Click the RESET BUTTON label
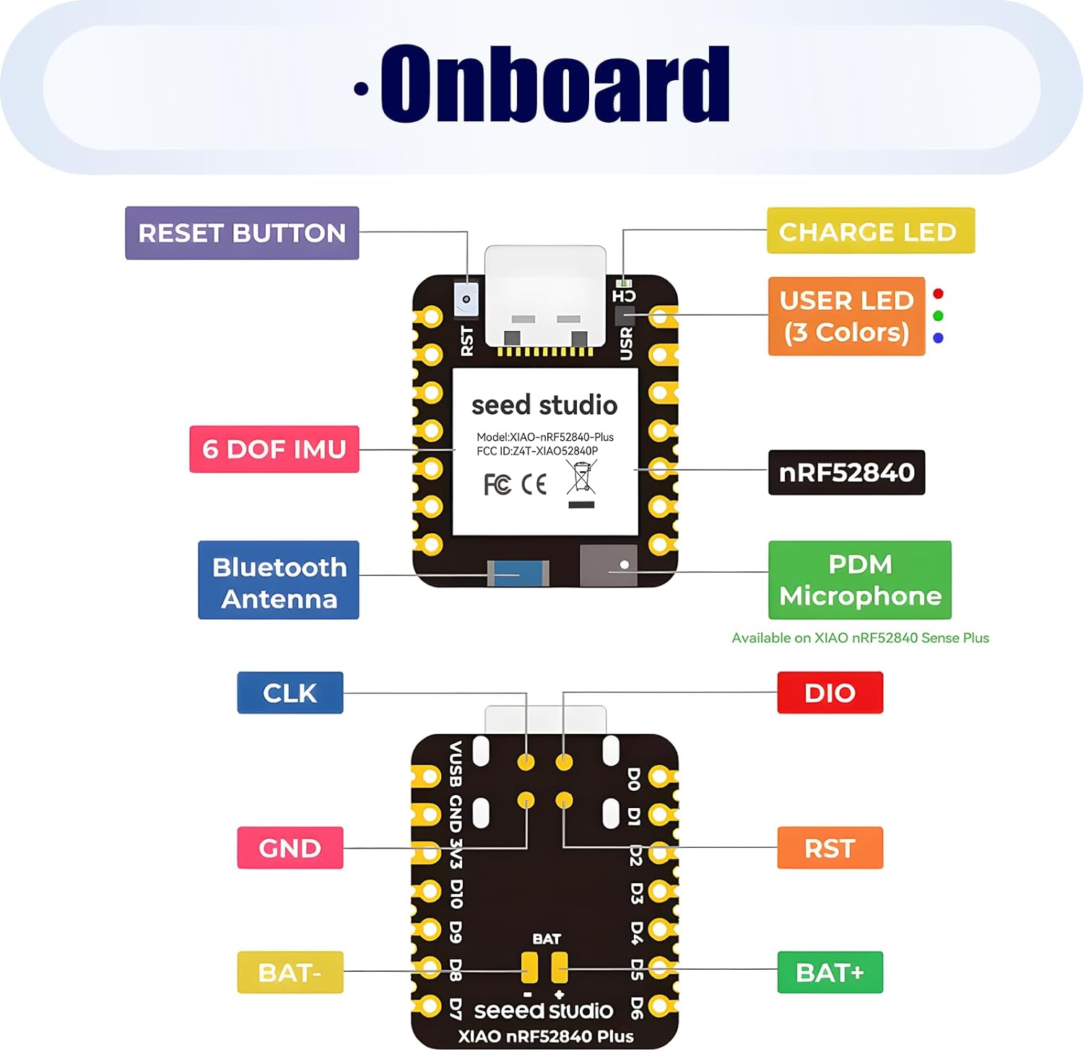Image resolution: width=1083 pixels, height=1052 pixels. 242,233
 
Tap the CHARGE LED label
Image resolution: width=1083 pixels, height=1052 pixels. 870,231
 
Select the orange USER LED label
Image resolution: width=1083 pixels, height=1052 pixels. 846,316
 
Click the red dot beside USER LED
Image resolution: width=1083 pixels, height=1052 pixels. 938,294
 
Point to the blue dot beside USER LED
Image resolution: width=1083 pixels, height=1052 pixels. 938,338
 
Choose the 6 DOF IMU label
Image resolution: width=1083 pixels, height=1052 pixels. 274,449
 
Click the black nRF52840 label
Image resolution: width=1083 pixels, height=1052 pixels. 846,473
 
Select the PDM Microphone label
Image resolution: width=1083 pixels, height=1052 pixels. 859,580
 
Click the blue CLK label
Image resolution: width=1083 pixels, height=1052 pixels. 290,693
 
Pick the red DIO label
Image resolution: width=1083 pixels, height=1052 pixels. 830,693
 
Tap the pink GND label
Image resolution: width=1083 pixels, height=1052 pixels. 290,848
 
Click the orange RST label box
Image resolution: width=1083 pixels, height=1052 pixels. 830,848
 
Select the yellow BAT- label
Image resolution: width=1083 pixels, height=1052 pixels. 290,973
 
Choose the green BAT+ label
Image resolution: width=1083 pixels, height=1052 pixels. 830,973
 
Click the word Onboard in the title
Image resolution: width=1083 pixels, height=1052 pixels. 554,84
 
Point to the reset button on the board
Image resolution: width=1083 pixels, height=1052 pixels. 466,299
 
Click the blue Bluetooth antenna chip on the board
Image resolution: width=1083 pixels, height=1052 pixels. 518,574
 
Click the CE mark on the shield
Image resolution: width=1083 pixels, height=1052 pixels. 534,484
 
